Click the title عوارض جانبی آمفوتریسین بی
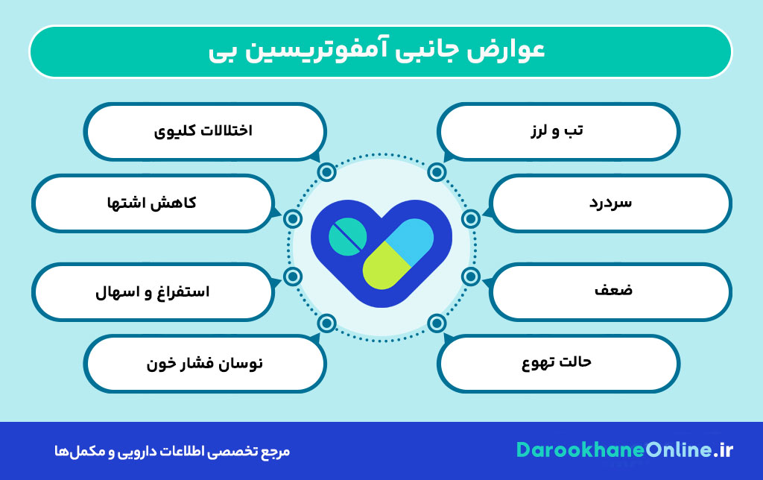pyautogui.click(x=377, y=51)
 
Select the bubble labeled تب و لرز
pyautogui.click(x=557, y=131)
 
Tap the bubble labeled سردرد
pyautogui.click(x=610, y=203)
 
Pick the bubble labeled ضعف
pyautogui.click(x=610, y=292)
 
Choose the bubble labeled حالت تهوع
pyautogui.click(x=557, y=363)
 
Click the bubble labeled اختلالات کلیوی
pyautogui.click(x=205, y=131)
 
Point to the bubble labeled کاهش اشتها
pyautogui.click(x=153, y=203)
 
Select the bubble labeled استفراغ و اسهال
pyautogui.click(x=153, y=292)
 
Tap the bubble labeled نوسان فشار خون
pyautogui.click(x=205, y=363)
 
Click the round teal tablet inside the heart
pyautogui.click(x=347, y=236)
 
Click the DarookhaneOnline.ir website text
pyautogui.click(x=624, y=450)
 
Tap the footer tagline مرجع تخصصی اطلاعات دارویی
pyautogui.click(x=172, y=451)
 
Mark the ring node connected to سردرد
pyautogui.click(x=471, y=219)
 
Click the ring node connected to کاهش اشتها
pyautogui.click(x=292, y=219)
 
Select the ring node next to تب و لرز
pyautogui.click(x=437, y=172)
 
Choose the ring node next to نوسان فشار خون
pyautogui.click(x=326, y=323)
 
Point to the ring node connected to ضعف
pyautogui.click(x=471, y=277)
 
